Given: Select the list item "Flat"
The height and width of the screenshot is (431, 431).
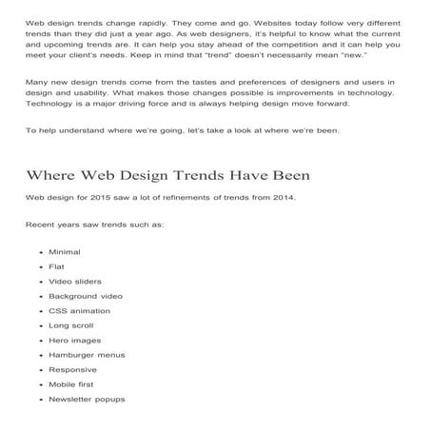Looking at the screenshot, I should [56, 266].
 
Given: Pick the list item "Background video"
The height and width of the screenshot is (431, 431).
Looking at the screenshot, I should [79, 296].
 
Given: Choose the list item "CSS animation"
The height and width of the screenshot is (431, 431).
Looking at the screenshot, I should [74, 310].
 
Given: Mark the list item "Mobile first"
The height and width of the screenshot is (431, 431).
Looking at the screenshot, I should [69, 384].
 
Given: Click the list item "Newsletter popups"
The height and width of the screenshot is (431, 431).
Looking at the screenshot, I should [87, 399].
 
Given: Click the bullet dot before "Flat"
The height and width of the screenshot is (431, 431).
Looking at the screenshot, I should [39, 266].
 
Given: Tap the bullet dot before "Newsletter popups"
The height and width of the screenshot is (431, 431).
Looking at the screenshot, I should [39, 400].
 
